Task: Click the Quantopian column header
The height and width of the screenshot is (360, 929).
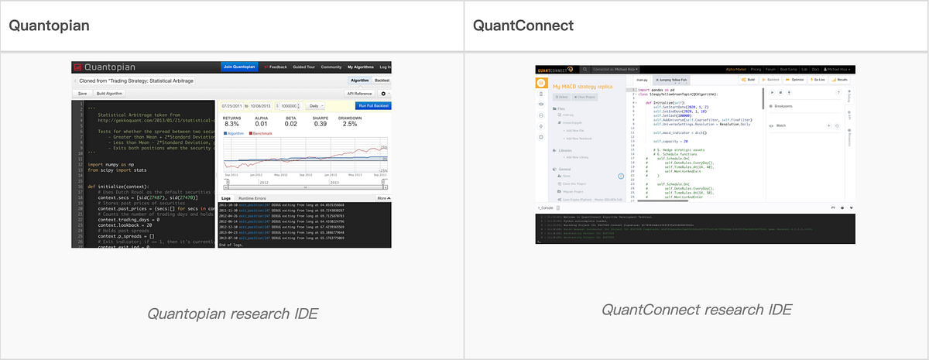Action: coord(50,26)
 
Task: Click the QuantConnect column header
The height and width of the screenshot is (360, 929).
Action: coord(519,26)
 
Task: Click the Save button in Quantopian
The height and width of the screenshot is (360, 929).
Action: coord(82,93)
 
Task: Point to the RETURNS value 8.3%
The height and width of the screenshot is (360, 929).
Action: coord(231,124)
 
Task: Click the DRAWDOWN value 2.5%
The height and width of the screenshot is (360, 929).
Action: coord(350,124)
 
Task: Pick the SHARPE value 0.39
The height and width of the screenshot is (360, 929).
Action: coord(321,124)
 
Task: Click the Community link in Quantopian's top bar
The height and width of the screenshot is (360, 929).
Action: coord(331,67)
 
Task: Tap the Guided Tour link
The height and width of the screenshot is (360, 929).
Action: coord(303,67)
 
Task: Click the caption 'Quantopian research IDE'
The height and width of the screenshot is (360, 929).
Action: coord(232,314)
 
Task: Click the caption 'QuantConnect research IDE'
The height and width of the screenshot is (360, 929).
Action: coord(697,310)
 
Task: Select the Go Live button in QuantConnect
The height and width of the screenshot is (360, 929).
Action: coord(818,79)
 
